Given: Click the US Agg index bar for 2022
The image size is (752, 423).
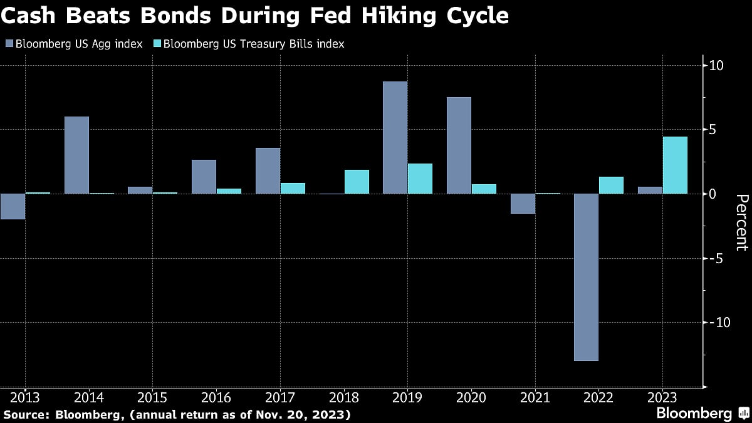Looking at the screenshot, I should [586, 277].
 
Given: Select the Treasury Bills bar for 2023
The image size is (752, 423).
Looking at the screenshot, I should [675, 165].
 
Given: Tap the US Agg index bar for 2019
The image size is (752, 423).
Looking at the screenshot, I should [395, 137].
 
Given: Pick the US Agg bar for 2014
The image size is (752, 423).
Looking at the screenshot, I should [76, 155].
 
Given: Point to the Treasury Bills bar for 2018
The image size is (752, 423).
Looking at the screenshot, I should [357, 182].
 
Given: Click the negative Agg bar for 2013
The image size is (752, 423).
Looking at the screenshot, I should [13, 206].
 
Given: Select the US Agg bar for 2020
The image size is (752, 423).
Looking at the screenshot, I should [459, 145].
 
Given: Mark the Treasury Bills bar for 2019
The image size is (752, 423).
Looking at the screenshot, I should [420, 179].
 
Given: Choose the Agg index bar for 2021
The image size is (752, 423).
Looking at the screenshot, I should [523, 204].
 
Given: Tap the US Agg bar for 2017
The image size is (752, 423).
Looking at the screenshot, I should [268, 170].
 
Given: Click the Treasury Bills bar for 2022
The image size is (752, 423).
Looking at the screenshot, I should [611, 185].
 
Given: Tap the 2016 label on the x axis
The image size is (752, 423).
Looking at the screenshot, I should [216, 397].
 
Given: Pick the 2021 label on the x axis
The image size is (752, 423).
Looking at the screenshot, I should [535, 397].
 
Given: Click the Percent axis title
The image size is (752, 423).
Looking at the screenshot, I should [741, 222].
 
